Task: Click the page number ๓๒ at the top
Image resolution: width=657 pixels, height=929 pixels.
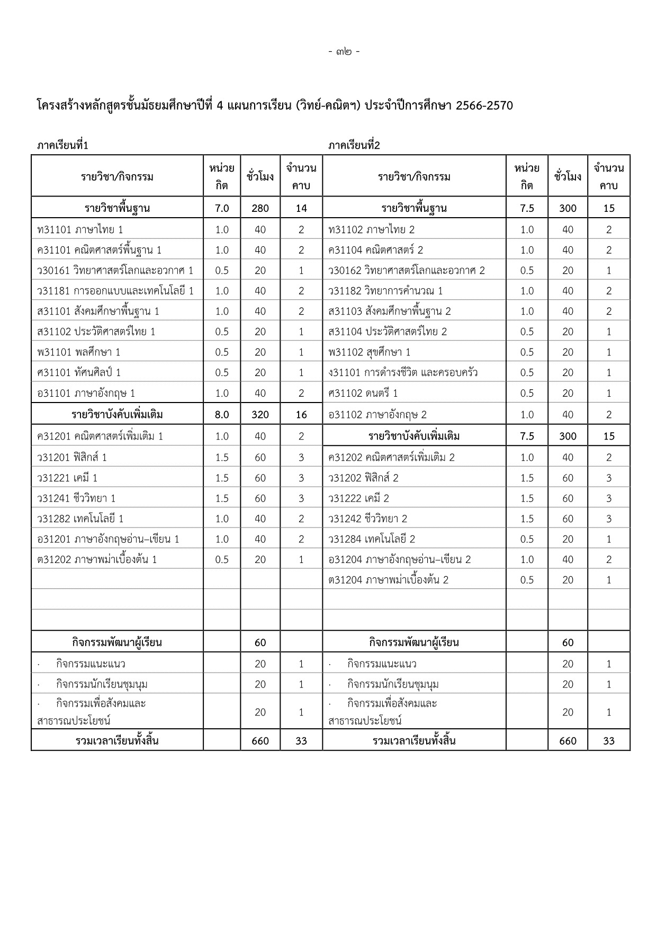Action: [x=344, y=52]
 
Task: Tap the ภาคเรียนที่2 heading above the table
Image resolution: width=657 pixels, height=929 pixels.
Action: [x=354, y=145]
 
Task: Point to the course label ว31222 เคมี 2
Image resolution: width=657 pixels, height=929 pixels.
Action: [x=358, y=498]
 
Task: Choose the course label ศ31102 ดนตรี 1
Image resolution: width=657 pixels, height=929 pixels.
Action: [x=363, y=393]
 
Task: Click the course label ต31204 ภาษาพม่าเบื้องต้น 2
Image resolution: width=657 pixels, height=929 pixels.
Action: [x=388, y=579]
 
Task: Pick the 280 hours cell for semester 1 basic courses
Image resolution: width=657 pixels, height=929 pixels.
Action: [x=260, y=208]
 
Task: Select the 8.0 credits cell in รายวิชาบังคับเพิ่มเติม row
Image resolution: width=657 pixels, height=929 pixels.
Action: [x=222, y=415]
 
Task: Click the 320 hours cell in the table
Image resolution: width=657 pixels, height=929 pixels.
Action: [x=260, y=415]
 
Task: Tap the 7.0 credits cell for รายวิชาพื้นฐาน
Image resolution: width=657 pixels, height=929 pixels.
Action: [x=222, y=208]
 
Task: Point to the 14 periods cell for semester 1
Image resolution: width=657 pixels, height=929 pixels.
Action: [x=301, y=208]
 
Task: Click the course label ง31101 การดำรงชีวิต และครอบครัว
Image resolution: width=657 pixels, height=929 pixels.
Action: [x=403, y=372]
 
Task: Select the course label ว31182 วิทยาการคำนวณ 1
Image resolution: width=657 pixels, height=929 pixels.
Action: [x=385, y=291]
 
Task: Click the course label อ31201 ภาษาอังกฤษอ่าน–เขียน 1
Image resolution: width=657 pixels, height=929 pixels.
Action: [x=108, y=539]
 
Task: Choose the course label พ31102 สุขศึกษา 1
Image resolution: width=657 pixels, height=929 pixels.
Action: [x=369, y=352]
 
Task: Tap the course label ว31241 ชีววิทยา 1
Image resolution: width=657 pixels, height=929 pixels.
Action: [x=76, y=498]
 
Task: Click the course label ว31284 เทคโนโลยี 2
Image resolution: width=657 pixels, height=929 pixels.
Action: [x=372, y=539]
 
